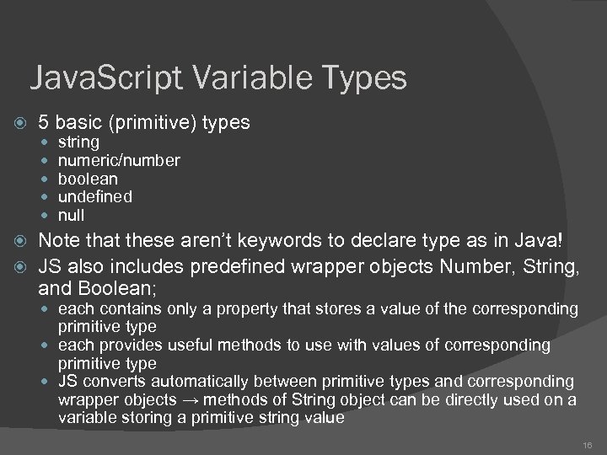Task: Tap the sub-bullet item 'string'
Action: [78, 142]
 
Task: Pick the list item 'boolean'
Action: [88, 179]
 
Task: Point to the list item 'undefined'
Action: [94, 197]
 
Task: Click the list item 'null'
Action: [72, 216]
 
